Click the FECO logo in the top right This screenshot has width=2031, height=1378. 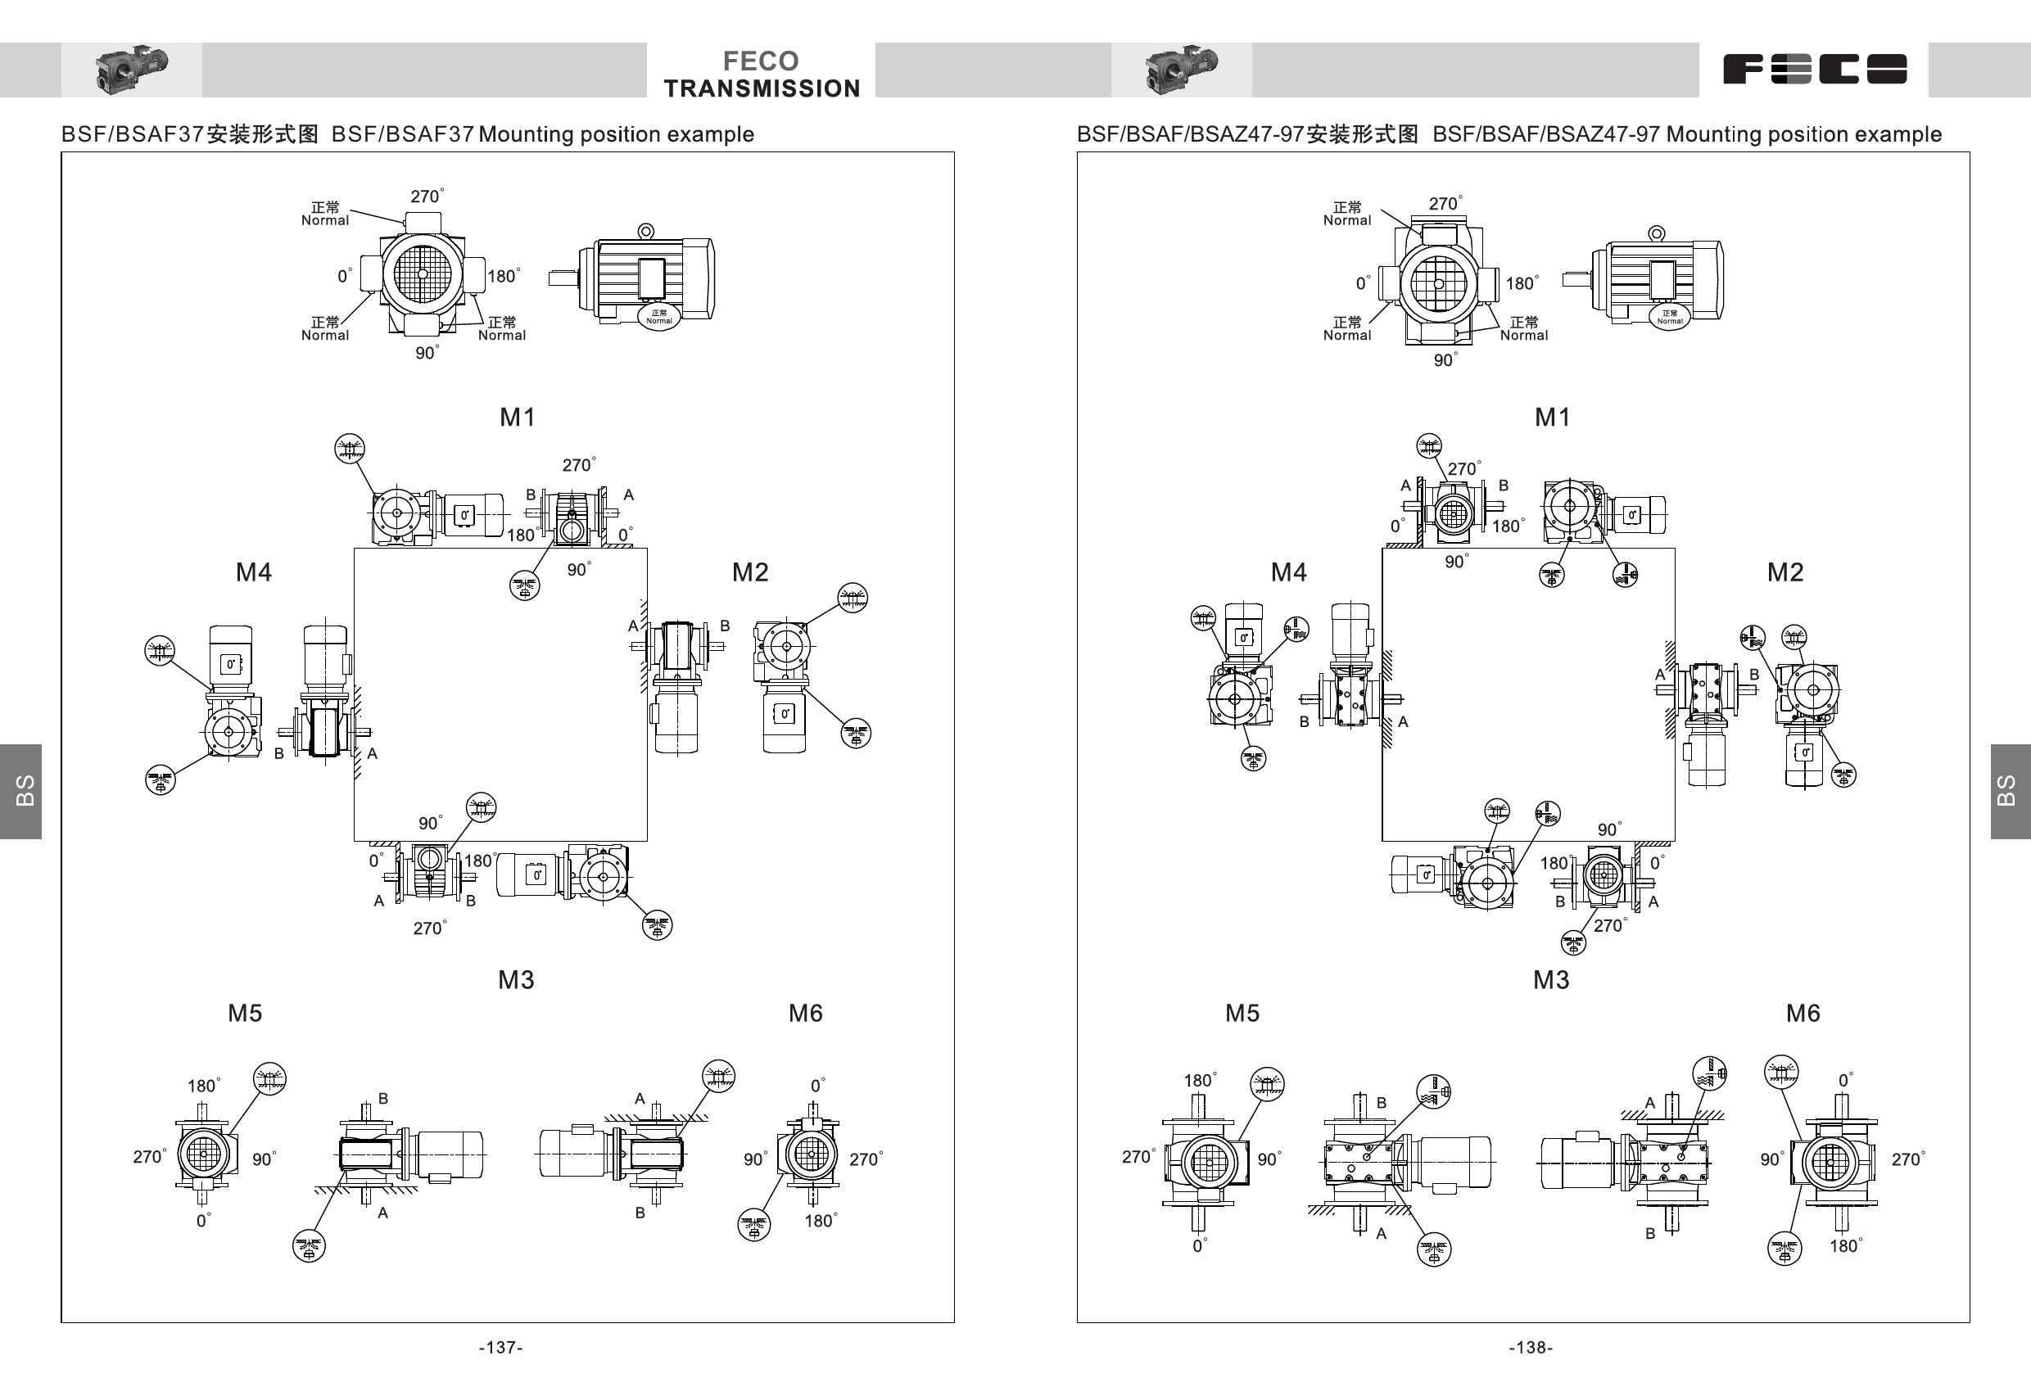coord(1814,69)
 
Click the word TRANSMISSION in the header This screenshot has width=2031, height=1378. coord(761,88)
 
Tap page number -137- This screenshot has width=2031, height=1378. coord(500,1348)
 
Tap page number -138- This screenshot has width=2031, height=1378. coord(1531,1348)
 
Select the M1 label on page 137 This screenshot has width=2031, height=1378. coord(518,417)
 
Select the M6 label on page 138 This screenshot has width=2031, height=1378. coord(1802,1013)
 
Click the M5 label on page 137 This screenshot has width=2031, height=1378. coord(245,1013)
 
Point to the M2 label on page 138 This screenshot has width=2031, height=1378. coord(1784,572)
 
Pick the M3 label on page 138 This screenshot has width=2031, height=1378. coord(1551,979)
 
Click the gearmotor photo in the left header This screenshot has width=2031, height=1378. coord(131,69)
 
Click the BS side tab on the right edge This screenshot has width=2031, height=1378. coord(2009,791)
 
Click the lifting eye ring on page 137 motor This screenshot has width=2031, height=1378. coord(646,231)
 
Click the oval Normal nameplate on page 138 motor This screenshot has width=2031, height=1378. coord(1669,316)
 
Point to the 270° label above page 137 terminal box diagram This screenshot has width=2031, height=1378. coord(427,197)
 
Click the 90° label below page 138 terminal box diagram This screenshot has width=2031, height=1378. coord(1445,360)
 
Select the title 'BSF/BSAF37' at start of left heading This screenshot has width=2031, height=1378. coord(131,133)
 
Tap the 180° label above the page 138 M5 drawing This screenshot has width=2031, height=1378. coord(1199,1081)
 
